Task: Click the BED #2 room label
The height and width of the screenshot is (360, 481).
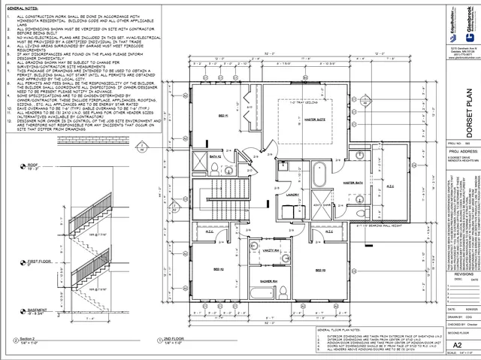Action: click(218, 289)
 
